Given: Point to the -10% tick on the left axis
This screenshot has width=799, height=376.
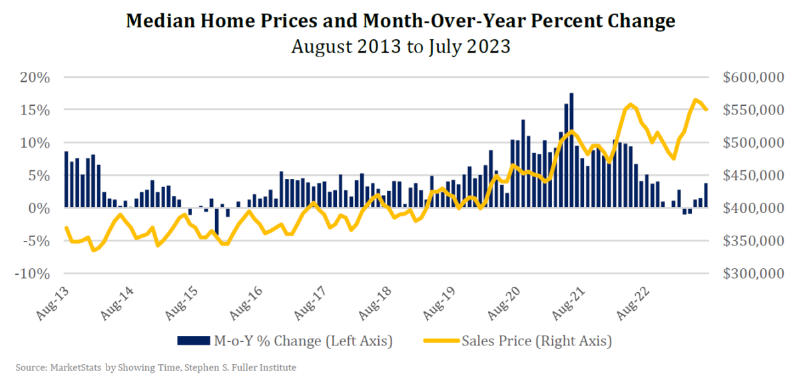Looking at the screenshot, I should pyautogui.click(x=30, y=274).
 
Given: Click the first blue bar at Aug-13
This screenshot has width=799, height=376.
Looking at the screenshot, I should pyautogui.click(x=66, y=180).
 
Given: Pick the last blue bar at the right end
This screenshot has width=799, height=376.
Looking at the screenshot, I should pyautogui.click(x=706, y=196).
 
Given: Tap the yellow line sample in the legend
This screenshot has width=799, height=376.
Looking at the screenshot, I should pyautogui.click(x=441, y=341).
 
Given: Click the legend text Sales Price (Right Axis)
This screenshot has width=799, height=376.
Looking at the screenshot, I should pyautogui.click(x=537, y=341).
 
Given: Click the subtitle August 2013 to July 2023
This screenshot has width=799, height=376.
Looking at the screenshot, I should pyautogui.click(x=400, y=47).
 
